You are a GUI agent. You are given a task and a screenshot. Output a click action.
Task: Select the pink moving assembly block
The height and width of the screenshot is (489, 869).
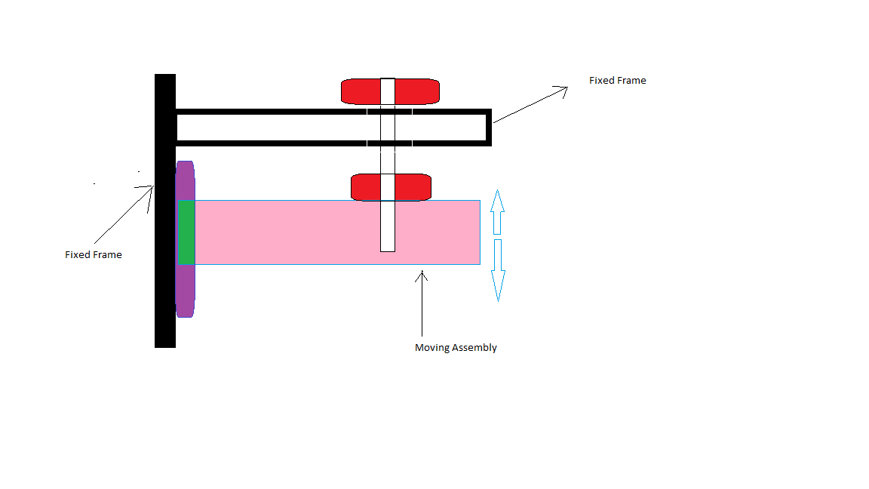302,232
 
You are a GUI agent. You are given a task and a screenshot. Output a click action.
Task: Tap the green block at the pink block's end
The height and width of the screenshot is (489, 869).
186,232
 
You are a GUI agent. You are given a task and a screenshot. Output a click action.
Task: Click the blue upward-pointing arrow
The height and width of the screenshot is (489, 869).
496,213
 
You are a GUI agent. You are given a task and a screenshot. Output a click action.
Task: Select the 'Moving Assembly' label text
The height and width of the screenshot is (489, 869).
456,348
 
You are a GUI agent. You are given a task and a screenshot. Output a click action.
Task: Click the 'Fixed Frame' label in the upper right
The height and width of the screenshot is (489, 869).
617,81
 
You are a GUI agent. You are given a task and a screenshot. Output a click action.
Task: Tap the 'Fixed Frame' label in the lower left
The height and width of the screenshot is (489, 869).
94,255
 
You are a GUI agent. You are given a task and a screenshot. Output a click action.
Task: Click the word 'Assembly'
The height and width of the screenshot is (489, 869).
474,348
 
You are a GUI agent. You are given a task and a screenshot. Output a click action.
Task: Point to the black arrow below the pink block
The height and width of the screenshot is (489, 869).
422,302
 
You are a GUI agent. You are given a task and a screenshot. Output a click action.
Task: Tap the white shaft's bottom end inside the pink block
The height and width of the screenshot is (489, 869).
388,246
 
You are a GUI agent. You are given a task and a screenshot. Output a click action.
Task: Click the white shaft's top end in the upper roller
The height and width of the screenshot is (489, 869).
388,82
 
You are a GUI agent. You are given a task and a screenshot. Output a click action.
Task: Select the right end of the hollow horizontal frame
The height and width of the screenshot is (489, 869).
488,127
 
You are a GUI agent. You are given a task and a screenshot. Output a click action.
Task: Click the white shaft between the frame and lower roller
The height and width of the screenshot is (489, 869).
388,160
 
